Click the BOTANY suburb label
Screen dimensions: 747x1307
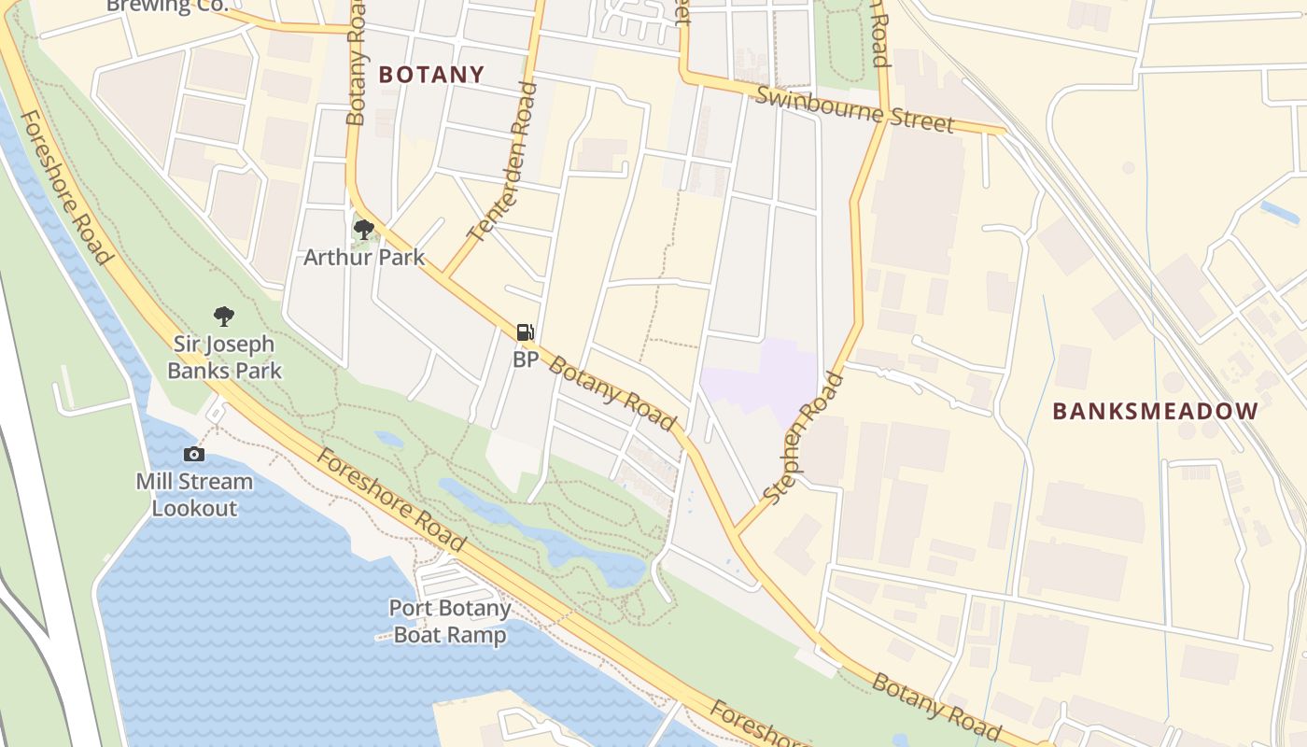coord(431,75)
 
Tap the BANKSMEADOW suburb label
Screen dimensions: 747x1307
coord(1155,411)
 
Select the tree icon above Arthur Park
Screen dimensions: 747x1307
coord(364,230)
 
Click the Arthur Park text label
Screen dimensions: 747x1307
coord(364,257)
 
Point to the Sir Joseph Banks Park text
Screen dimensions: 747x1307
coord(224,357)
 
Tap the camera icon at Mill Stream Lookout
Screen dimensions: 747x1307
coord(194,455)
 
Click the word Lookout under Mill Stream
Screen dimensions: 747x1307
coord(194,509)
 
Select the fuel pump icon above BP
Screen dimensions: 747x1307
coord(525,332)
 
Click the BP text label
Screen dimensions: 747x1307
coord(525,359)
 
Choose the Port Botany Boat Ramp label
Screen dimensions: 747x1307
coord(450,622)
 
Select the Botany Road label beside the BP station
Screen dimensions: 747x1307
coord(611,393)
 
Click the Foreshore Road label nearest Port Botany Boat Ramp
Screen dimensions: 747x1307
coord(390,500)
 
